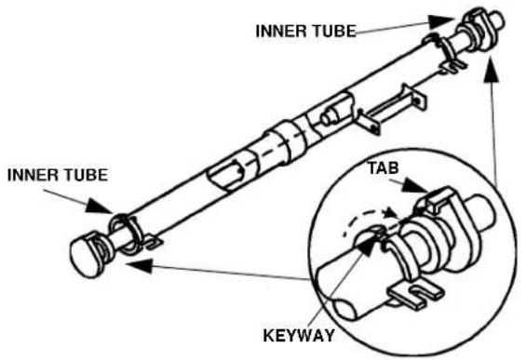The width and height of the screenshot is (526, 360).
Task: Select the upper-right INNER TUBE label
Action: (305, 31)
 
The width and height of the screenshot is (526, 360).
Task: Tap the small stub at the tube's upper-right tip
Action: (498, 18)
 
